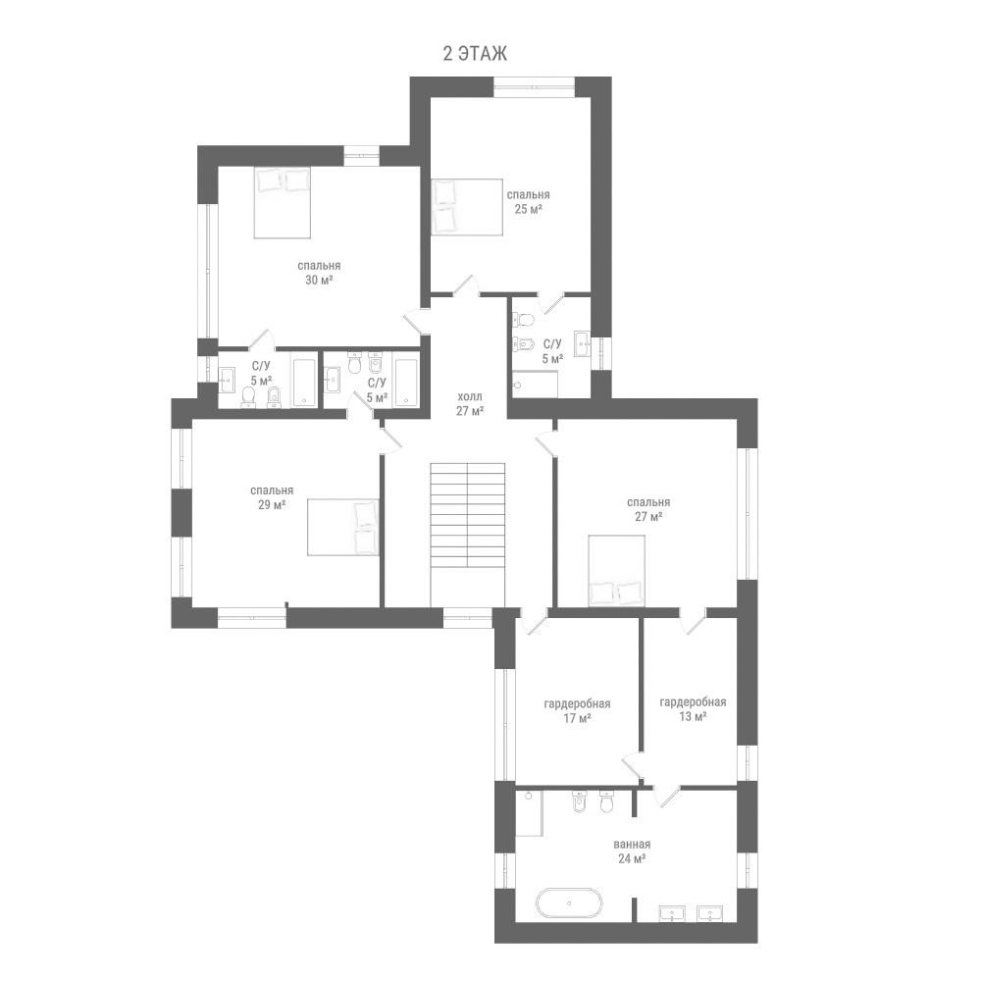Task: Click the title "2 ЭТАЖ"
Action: (475, 54)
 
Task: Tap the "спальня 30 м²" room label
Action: (319, 273)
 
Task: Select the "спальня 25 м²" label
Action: (528, 202)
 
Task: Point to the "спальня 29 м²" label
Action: (272, 497)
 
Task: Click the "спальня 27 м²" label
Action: (648, 509)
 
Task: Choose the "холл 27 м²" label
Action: (471, 404)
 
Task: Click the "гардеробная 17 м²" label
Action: (578, 710)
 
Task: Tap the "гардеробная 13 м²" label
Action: (694, 709)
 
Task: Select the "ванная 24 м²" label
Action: (632, 852)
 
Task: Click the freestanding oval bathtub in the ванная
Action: (569, 904)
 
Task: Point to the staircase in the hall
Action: (467, 535)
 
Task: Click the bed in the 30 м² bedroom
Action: (283, 202)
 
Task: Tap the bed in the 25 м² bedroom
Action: (467, 207)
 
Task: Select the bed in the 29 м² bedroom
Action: (342, 527)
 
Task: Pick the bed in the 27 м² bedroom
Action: (616, 571)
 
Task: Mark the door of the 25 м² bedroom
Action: (467, 285)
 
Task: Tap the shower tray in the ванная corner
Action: (529, 812)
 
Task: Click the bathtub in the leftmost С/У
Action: (305, 383)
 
